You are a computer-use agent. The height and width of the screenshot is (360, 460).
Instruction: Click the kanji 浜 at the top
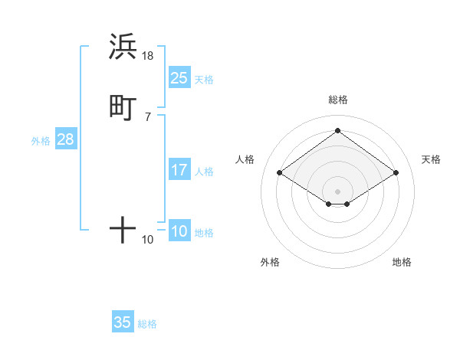click(123, 47)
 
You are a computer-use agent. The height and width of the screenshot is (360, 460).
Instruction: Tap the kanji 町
click(123, 108)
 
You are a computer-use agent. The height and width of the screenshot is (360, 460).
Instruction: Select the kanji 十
click(123, 229)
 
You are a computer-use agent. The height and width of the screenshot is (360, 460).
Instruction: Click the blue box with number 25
click(179, 78)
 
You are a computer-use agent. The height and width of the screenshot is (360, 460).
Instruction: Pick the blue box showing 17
click(179, 170)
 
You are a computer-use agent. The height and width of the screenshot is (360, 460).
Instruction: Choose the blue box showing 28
click(65, 139)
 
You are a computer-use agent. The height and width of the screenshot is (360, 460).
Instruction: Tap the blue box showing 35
click(123, 322)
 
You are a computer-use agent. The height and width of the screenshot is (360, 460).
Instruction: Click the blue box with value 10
click(179, 231)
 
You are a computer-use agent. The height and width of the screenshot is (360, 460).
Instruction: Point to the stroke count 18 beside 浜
click(148, 56)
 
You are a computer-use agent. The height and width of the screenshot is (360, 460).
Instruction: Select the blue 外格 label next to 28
click(41, 141)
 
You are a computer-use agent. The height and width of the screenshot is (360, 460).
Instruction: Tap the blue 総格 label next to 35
click(147, 324)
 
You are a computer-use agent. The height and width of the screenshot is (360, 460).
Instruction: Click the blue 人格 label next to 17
click(204, 172)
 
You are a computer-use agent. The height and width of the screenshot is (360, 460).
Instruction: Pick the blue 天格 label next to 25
click(204, 80)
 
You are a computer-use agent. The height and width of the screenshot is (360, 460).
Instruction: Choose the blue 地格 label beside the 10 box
click(204, 233)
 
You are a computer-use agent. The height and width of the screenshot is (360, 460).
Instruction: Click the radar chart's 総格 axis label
click(338, 100)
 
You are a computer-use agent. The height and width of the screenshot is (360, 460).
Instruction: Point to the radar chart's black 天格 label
click(431, 159)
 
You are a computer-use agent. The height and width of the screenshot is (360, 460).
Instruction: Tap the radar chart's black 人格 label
click(245, 159)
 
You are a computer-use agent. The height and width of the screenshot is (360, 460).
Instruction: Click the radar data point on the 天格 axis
click(396, 173)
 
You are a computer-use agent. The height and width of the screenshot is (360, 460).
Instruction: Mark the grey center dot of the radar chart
click(338, 191)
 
